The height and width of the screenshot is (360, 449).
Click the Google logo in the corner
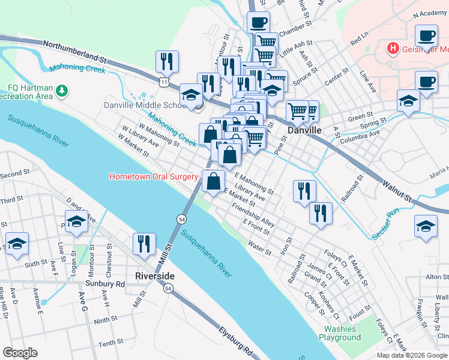(20, 353)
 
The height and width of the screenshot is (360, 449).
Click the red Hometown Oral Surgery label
(154, 176)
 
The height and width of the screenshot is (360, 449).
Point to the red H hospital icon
(393, 47)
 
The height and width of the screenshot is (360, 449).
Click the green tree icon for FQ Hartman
(61, 91)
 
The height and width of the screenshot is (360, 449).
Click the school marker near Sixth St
(17, 244)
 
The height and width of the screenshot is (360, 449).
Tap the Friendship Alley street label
(253, 217)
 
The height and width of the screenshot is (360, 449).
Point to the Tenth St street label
(110, 343)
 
